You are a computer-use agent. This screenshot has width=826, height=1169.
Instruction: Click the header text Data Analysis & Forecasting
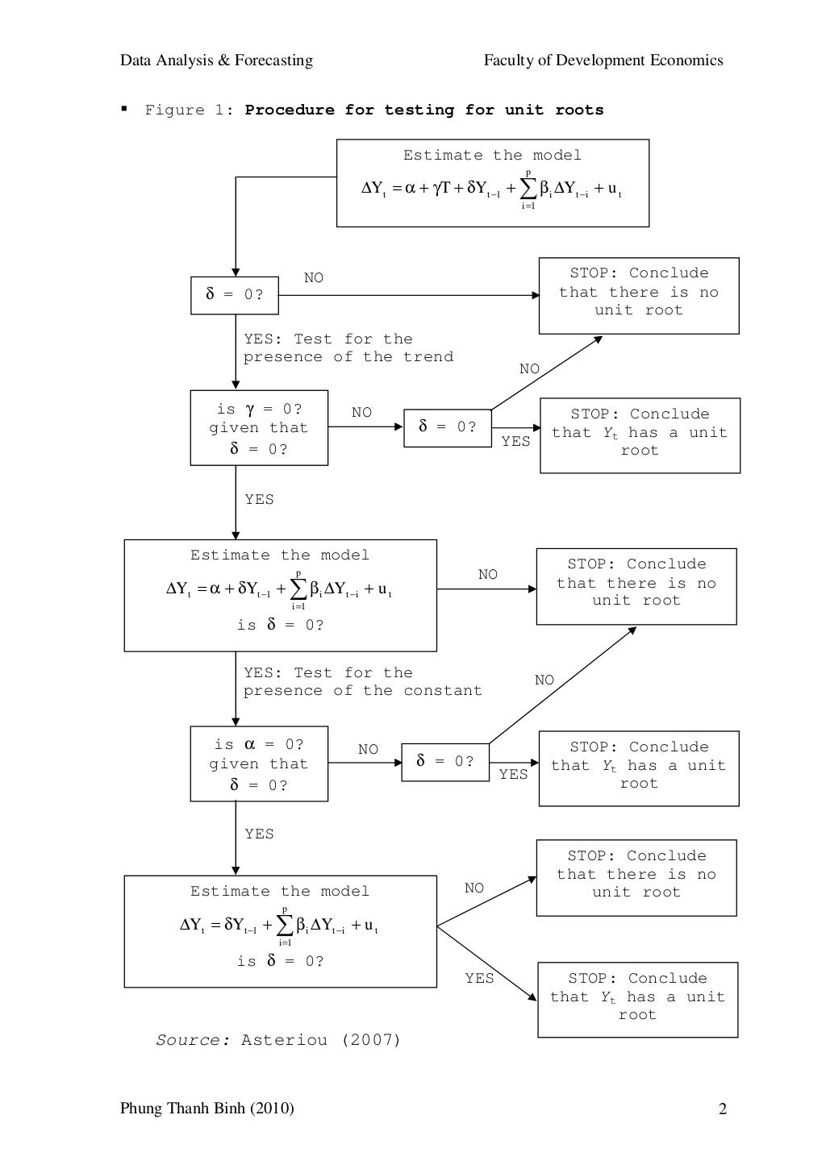coord(216,60)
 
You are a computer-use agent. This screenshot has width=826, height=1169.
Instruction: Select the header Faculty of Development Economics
coord(603,60)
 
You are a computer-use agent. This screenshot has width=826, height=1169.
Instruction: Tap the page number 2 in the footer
coord(722,1109)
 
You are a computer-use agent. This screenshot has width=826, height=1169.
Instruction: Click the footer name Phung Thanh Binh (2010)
coord(206,1109)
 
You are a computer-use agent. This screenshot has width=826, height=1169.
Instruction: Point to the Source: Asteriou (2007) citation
coord(278,1040)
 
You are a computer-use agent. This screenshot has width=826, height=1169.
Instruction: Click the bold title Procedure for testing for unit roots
coord(423,110)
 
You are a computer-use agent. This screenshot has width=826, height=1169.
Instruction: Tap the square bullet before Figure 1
coord(124,108)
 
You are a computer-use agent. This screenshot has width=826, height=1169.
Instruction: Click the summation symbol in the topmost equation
coord(528,189)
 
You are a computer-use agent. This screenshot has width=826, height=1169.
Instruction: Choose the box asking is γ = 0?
coord(258,428)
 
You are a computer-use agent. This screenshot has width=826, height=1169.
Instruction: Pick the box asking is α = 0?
coord(258,764)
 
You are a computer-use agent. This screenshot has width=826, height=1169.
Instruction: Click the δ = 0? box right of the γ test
coord(447,427)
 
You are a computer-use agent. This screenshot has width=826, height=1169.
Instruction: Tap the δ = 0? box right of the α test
coord(444,762)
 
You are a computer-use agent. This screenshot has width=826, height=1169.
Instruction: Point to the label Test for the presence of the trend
coord(348,348)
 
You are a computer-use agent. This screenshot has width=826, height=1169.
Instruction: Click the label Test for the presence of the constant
coord(362,682)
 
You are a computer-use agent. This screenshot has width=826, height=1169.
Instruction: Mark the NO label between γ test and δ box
coord(361,413)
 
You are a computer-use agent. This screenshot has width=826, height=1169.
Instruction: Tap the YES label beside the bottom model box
coord(479,978)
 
